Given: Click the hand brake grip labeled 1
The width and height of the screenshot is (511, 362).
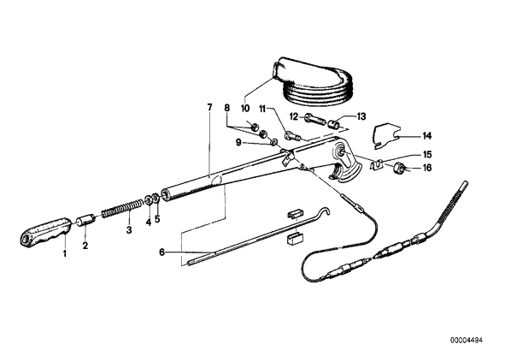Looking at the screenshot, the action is [45, 232].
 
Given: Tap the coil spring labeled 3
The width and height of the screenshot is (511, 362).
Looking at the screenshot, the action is [122, 209].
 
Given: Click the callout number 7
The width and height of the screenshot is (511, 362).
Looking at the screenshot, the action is [209, 107].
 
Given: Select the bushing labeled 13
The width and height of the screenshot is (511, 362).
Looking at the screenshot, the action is [333, 124].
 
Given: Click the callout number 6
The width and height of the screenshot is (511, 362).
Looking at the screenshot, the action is [162, 252].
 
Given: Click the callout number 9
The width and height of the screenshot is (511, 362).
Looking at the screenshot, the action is [238, 143].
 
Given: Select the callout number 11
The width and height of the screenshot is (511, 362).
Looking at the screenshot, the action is [262, 108].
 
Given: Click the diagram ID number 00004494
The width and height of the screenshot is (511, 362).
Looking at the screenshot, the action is [467, 340].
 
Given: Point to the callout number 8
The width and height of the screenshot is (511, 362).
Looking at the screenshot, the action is [226, 107].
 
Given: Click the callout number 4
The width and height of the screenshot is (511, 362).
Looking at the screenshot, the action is [149, 223].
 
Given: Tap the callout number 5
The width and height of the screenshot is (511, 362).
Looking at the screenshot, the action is [157, 219].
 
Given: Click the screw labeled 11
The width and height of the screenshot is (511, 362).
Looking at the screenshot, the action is [293, 135].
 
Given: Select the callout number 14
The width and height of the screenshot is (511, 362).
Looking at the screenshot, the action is [426, 136].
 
